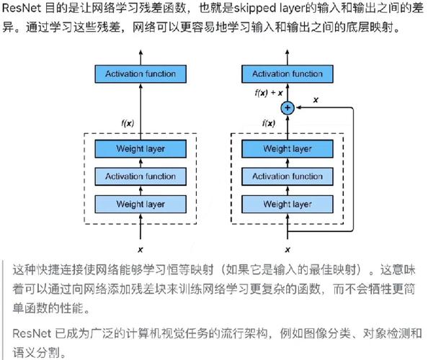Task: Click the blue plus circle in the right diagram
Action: pos(287,107)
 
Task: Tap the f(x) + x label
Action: pos(269,94)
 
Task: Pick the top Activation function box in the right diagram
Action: pos(287,73)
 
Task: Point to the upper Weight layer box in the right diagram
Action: pos(287,149)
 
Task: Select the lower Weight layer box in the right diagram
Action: pos(287,204)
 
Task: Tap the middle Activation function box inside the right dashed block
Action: pos(287,176)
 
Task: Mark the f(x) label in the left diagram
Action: pos(127,123)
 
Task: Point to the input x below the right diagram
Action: pos(287,249)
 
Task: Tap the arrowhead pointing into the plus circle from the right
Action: pos(298,107)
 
